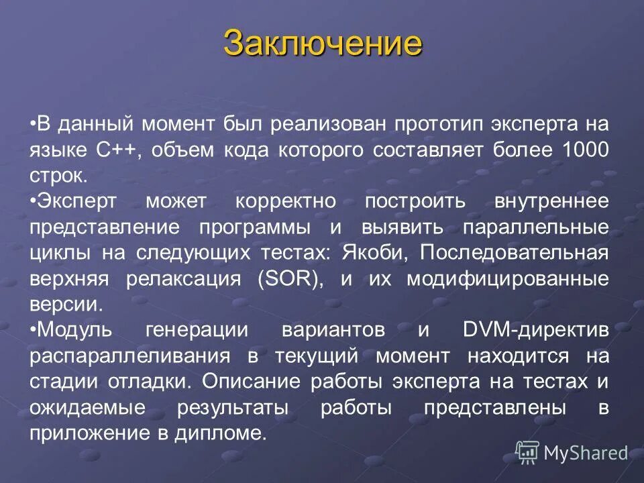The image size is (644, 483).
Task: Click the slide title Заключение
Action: pyautogui.click(x=323, y=43)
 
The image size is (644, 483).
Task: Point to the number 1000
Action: pyautogui.click(x=582, y=150)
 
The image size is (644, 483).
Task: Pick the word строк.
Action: pyautogui.click(x=58, y=176)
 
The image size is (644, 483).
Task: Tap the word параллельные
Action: pyautogui.click(x=536, y=227)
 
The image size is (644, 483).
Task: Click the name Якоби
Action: pyautogui.click(x=364, y=252)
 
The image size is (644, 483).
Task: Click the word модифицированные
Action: pyautogui.click(x=508, y=278)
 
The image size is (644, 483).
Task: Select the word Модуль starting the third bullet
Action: pyautogui.click(x=69, y=329)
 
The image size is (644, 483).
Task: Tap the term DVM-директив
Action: pyautogui.click(x=536, y=329)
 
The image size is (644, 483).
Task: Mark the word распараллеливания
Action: pyautogui.click(x=131, y=356)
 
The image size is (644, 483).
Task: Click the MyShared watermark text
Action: pyautogui.click(x=585, y=453)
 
